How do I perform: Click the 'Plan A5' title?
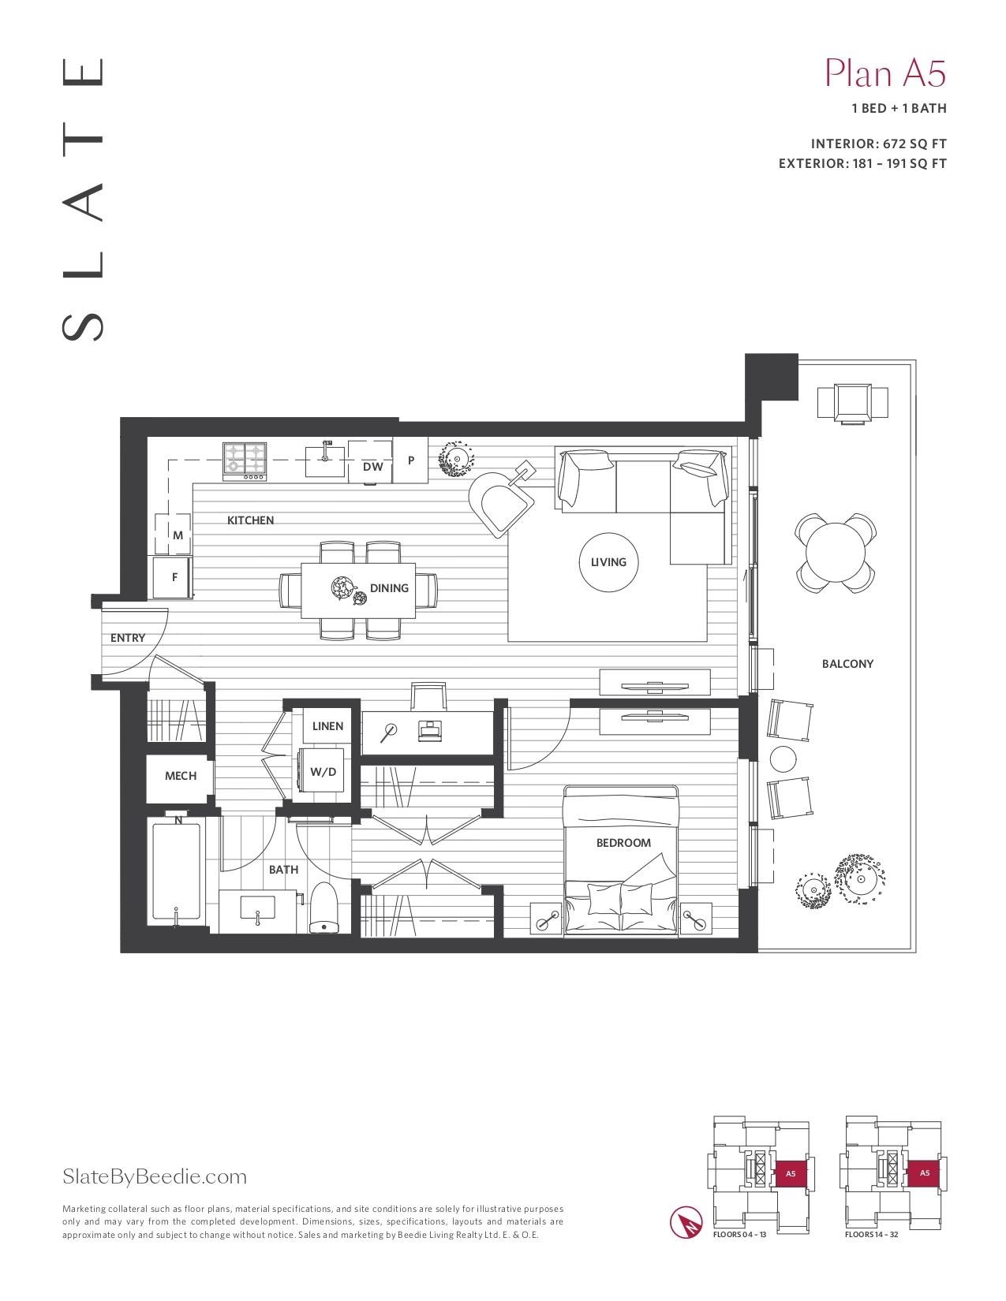tap(885, 73)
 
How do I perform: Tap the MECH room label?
tap(181, 776)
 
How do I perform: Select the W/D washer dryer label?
tap(323, 772)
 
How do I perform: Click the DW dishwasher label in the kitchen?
tap(372, 467)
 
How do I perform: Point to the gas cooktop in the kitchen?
tap(245, 461)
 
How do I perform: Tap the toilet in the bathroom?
tap(324, 908)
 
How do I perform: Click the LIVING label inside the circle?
tap(608, 562)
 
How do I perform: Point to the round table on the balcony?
tap(836, 553)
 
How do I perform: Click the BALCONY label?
tap(847, 663)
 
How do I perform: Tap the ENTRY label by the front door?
tap(128, 638)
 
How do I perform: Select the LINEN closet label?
tap(327, 726)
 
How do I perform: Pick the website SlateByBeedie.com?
tap(155, 1176)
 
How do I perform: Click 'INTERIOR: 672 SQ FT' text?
tap(878, 144)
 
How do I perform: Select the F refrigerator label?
tap(175, 577)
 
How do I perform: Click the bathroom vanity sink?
tap(258, 907)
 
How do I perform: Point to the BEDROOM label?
tap(623, 843)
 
